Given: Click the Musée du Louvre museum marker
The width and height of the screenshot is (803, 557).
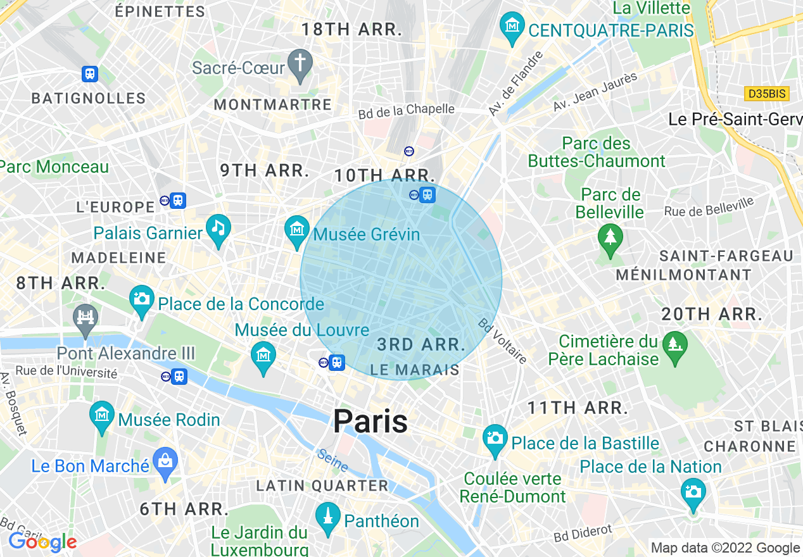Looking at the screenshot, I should click(x=263, y=357).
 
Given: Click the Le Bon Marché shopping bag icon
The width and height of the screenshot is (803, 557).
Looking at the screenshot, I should click(x=165, y=463).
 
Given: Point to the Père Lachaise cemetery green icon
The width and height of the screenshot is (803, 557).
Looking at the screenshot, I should click(x=674, y=346).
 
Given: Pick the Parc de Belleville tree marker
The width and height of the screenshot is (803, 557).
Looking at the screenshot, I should click(x=610, y=239).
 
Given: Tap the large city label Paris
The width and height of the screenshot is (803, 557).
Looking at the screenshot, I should click(x=370, y=421).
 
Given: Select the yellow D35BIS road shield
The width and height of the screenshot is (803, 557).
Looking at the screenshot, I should click(x=766, y=94).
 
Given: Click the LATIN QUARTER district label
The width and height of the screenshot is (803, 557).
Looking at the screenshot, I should click(x=322, y=485).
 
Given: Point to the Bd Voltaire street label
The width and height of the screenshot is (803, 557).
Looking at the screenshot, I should click(x=503, y=341).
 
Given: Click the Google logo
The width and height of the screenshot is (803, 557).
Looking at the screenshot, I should click(x=42, y=542).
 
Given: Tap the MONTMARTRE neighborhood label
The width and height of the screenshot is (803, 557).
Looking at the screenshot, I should click(x=273, y=104).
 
